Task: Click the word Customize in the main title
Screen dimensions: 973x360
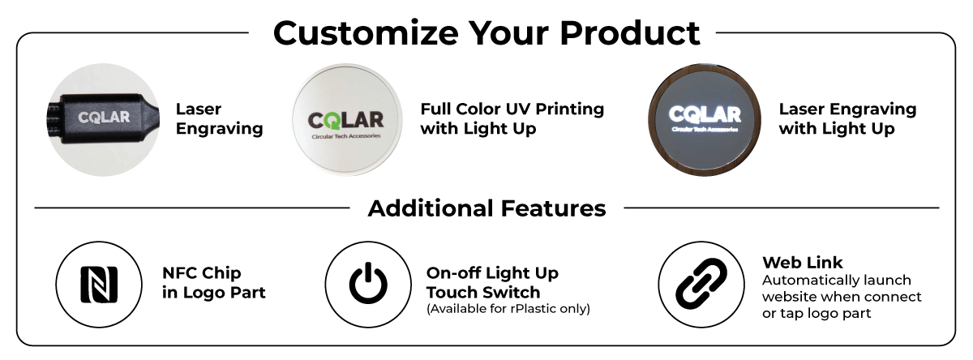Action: [366, 33]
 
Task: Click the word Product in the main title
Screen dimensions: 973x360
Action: [630, 33]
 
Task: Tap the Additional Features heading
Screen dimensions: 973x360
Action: [486, 208]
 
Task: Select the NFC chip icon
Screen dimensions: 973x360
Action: [99, 285]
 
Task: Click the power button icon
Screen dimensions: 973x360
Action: [368, 283]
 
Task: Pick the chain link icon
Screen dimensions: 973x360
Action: [701, 284]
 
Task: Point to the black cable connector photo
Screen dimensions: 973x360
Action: [104, 119]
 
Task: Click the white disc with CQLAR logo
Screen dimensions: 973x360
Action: [347, 119]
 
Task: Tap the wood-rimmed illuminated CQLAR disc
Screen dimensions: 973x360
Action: [704, 119]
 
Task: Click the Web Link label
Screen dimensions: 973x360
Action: [802, 263]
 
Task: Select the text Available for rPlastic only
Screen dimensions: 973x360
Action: [508, 309]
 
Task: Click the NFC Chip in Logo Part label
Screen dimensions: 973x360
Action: [214, 283]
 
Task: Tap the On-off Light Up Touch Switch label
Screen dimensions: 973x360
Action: [492, 283]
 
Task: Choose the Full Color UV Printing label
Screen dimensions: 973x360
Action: [512, 109]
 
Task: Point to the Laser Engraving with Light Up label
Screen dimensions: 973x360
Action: [847, 118]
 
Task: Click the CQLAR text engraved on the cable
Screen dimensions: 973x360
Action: [104, 117]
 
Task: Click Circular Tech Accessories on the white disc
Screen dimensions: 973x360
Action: [346, 136]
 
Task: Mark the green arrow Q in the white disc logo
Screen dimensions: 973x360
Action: [331, 121]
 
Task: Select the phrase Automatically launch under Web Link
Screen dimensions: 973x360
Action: [837, 281]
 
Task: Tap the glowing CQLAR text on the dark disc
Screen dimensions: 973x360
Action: [705, 114]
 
